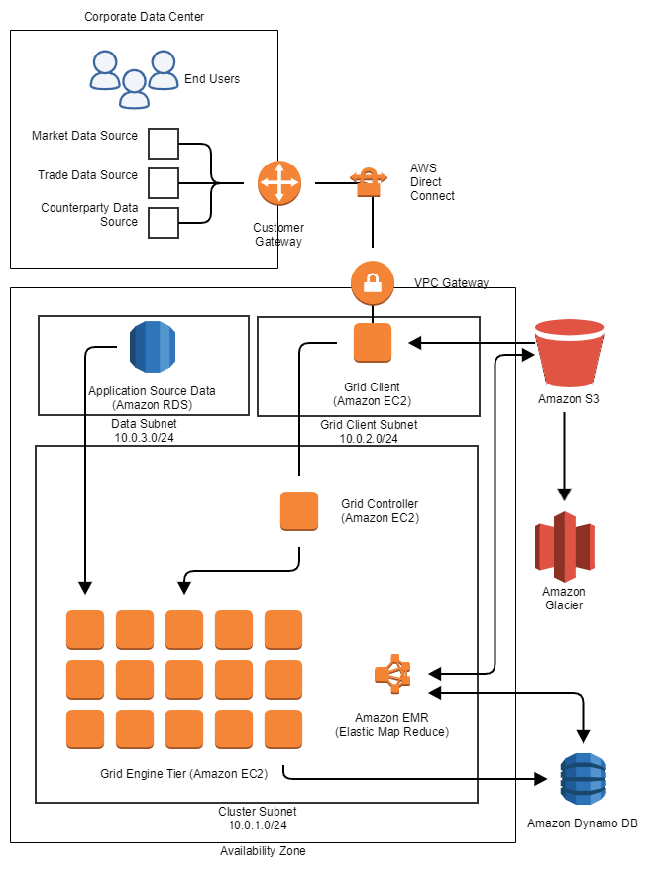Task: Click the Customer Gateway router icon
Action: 278,183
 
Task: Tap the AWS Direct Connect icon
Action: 369,180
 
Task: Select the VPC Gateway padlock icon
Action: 373,284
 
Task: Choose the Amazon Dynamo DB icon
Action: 583,783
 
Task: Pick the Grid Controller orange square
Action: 299,510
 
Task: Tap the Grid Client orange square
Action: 373,343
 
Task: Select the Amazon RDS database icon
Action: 153,347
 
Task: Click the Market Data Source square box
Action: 164,144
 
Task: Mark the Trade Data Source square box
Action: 164,183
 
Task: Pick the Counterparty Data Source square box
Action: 164,223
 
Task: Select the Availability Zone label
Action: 263,851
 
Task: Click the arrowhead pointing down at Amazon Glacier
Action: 565,493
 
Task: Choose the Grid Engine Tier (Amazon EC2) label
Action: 184,772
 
